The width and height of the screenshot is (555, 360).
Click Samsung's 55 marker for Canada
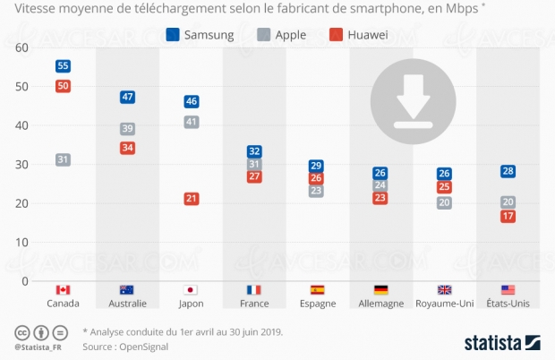tap(63, 66)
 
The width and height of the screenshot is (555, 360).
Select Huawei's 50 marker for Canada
tap(63, 86)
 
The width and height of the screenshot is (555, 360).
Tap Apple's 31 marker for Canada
tap(63, 159)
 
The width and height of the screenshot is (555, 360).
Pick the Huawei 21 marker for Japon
tap(191, 199)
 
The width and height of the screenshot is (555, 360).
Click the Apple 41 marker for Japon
tap(191, 122)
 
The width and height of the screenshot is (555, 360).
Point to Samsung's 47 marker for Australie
tap(127, 97)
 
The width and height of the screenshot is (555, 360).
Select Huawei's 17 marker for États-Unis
tap(508, 217)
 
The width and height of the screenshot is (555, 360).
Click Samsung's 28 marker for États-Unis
tap(508, 171)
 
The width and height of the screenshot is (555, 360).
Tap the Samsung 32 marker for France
tap(254, 152)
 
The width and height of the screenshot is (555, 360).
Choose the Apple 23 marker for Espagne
tap(316, 191)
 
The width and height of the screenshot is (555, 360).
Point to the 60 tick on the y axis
tap(21, 47)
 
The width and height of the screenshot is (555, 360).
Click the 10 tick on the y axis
tap(21, 242)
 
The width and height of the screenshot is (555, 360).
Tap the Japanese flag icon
tap(190, 290)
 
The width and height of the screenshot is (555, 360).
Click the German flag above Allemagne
tap(380, 290)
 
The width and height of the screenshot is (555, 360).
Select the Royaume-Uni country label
tap(443, 304)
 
